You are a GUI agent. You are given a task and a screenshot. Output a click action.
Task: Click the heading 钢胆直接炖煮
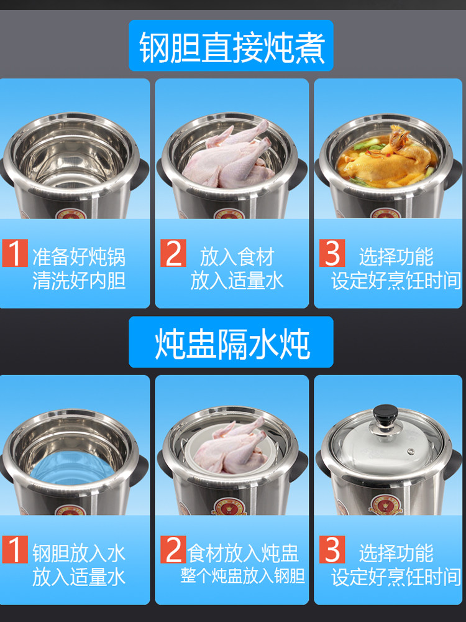click(232, 47)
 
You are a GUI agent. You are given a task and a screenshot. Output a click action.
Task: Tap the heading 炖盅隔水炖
click(232, 343)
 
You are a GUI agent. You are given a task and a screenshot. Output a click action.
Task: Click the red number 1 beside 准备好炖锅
click(15, 253)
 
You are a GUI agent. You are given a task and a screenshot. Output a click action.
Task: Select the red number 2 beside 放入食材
click(173, 253)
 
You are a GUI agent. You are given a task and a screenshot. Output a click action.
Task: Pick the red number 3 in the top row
click(332, 253)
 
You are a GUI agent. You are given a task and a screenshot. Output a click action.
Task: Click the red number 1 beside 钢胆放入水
click(15, 549)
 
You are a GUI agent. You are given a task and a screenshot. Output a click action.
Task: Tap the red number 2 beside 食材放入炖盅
click(173, 549)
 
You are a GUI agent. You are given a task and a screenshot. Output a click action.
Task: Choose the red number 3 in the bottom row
click(332, 549)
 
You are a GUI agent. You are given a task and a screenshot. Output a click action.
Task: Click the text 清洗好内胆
click(79, 281)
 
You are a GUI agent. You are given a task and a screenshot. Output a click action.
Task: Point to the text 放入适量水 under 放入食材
click(237, 281)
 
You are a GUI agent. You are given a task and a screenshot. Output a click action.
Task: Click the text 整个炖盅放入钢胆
click(243, 576)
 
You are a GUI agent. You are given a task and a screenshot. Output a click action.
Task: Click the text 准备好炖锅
click(79, 257)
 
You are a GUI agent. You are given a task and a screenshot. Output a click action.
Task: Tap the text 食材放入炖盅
click(242, 554)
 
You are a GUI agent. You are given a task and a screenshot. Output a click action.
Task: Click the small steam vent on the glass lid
click(411, 452)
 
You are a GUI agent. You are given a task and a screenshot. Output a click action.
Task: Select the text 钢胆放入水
click(79, 554)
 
